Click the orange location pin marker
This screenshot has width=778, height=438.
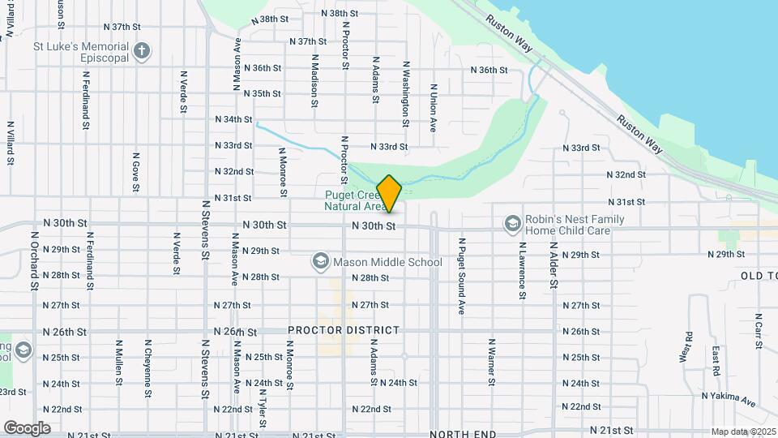coord(389,193)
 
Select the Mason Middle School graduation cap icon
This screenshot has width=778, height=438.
coord(321,261)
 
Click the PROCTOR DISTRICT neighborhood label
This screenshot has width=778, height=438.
coord(344,330)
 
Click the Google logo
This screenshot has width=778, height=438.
coord(27,427)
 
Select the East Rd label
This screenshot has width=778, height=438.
coord(716,361)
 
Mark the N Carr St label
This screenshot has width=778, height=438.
coord(759,331)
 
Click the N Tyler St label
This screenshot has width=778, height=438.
coord(262,406)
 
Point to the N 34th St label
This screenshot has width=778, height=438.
coord(234,119)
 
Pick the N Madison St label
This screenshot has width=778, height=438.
coord(314,81)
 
